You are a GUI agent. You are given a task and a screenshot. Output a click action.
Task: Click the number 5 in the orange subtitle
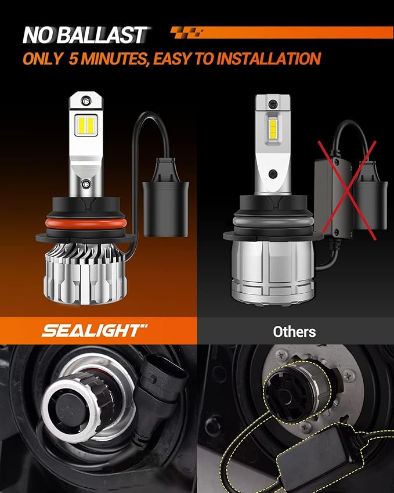pyautogui.click(x=72, y=59)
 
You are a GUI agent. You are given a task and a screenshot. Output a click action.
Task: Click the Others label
pyautogui.click(x=295, y=332)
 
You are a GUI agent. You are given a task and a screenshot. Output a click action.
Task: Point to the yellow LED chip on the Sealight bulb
pyautogui.click(x=85, y=125)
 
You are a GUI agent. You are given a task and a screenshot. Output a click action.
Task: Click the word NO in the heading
pyautogui.click(x=38, y=35)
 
